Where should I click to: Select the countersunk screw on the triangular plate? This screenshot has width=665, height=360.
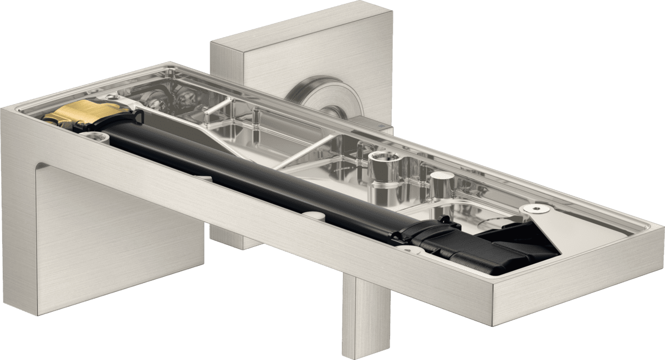click(536, 208)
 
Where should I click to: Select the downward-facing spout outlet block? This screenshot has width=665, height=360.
click(119, 233)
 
